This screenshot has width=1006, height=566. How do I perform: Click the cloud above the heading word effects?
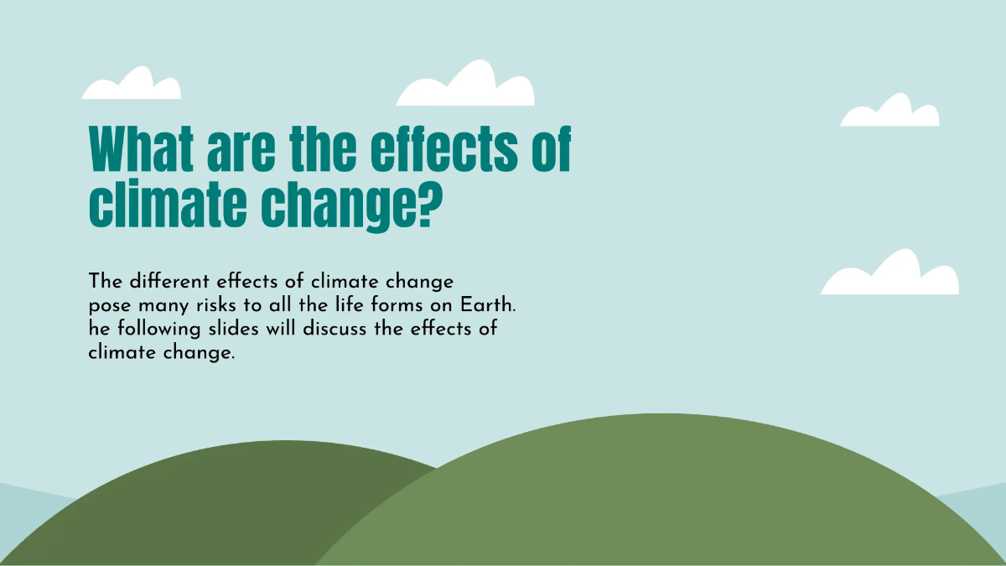466,86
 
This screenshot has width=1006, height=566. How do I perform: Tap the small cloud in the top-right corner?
889,112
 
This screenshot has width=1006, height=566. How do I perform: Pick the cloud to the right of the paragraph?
889,275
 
